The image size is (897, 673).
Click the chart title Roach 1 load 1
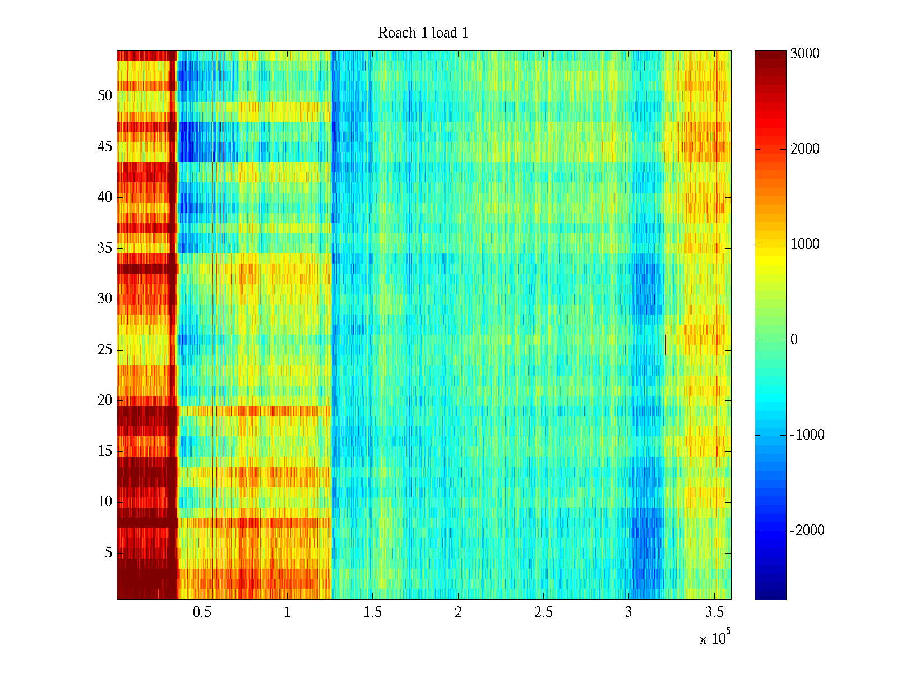423,33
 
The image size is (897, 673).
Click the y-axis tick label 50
105,96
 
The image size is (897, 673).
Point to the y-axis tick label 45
105,147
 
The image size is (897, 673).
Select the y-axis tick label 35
105,248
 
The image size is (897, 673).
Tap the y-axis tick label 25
105,350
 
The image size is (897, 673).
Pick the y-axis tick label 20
105,400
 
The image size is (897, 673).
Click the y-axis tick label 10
105,502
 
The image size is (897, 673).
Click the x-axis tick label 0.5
202,612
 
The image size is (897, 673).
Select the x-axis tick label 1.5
373,612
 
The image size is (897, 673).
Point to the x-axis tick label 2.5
543,612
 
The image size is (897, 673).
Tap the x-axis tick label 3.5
714,612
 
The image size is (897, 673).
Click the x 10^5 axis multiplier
715,638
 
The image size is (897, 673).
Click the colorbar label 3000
805,54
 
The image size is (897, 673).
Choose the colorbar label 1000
805,245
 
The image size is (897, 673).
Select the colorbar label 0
794,340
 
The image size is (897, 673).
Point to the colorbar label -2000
807,531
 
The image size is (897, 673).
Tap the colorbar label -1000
807,435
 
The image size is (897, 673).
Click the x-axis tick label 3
628,612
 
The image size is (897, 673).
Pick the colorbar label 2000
805,149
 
